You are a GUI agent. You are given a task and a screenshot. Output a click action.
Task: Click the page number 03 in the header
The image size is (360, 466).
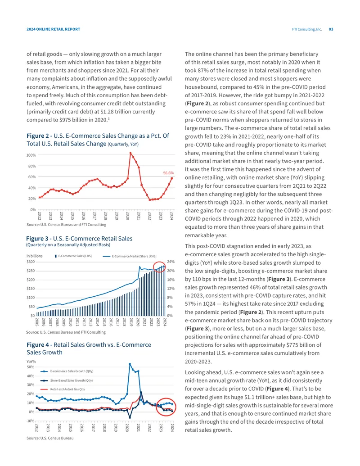click(331, 29)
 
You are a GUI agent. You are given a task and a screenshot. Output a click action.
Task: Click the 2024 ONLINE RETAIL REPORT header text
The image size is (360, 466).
click(53, 29)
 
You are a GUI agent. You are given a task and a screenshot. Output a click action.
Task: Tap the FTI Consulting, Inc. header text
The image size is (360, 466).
click(307, 29)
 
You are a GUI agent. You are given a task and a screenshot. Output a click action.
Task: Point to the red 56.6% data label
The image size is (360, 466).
click(168, 173)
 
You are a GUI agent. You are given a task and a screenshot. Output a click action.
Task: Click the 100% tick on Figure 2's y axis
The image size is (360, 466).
click(31, 155)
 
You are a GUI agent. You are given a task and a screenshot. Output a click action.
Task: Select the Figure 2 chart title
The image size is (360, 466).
click(98, 140)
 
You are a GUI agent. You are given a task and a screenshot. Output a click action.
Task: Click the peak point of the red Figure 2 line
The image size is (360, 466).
click(130, 153)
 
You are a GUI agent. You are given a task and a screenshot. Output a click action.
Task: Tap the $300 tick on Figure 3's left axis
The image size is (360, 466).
click(31, 262)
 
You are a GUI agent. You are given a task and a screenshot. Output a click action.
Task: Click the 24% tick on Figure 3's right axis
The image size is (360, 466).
click(171, 262)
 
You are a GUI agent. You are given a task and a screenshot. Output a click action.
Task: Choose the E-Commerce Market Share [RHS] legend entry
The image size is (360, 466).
click(130, 256)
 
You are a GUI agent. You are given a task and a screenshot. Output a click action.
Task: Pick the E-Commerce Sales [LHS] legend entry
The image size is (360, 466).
click(73, 256)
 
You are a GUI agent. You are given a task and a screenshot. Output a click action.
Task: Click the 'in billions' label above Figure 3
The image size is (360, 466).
click(35, 256)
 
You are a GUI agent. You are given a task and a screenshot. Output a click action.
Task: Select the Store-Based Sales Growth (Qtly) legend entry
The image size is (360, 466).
click(67, 380)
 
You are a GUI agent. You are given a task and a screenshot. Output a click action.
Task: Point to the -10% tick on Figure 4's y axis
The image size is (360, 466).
click(31, 421)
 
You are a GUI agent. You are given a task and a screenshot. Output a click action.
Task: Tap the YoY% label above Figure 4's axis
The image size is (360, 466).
click(31, 362)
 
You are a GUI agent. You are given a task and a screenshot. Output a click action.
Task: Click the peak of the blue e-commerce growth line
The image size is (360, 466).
click(130, 364)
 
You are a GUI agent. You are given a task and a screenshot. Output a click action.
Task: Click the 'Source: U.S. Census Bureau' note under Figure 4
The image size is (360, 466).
click(50, 438)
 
